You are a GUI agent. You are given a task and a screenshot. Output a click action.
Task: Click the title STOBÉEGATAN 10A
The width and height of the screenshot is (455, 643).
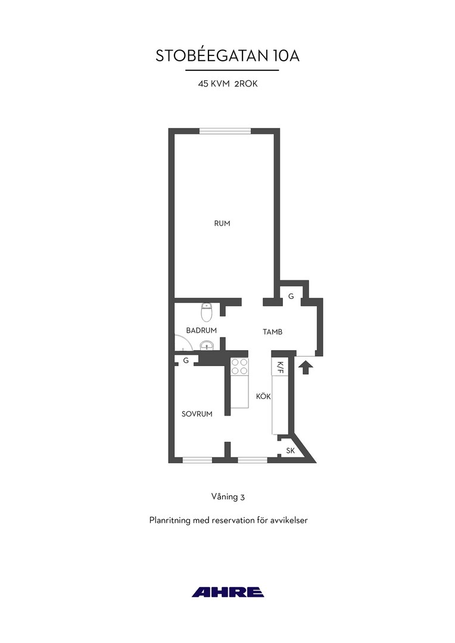tap(227, 56)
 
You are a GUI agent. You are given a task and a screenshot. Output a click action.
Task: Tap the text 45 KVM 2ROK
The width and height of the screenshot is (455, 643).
tap(227, 84)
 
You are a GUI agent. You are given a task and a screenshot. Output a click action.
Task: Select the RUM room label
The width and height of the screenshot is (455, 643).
tap(222, 223)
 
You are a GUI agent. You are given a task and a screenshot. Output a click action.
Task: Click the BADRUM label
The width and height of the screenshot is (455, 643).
tap(201, 330)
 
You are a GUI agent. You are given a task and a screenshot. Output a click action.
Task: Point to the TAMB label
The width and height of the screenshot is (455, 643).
tap(272, 332)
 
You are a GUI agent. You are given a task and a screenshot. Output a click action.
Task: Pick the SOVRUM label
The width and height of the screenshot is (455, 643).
tap(197, 414)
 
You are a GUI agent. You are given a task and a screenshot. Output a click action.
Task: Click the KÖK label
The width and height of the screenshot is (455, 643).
tap(263, 397)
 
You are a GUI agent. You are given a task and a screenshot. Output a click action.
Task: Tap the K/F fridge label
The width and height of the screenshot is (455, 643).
tap(281, 367)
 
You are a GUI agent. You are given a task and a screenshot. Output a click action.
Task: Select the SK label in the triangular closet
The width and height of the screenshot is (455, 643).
tap(291, 451)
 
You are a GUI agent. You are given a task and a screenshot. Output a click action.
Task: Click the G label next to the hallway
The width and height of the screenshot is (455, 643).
tap(291, 296)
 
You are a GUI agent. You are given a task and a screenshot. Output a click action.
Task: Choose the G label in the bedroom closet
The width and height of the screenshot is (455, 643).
tap(186, 360)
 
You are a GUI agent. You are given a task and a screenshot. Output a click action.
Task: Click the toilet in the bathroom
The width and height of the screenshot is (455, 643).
tap(207, 313)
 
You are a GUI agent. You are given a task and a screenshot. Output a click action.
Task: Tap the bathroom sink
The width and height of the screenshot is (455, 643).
tap(207, 346)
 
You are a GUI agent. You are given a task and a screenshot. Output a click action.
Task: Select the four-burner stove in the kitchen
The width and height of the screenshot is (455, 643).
tap(239, 366)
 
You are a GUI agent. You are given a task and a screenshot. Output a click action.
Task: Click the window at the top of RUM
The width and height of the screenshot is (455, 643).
tap(225, 131)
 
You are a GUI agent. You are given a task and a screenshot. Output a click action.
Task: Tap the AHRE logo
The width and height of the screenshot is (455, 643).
tap(227, 592)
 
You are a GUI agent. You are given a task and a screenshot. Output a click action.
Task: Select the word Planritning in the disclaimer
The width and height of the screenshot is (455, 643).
tap(170, 520)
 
